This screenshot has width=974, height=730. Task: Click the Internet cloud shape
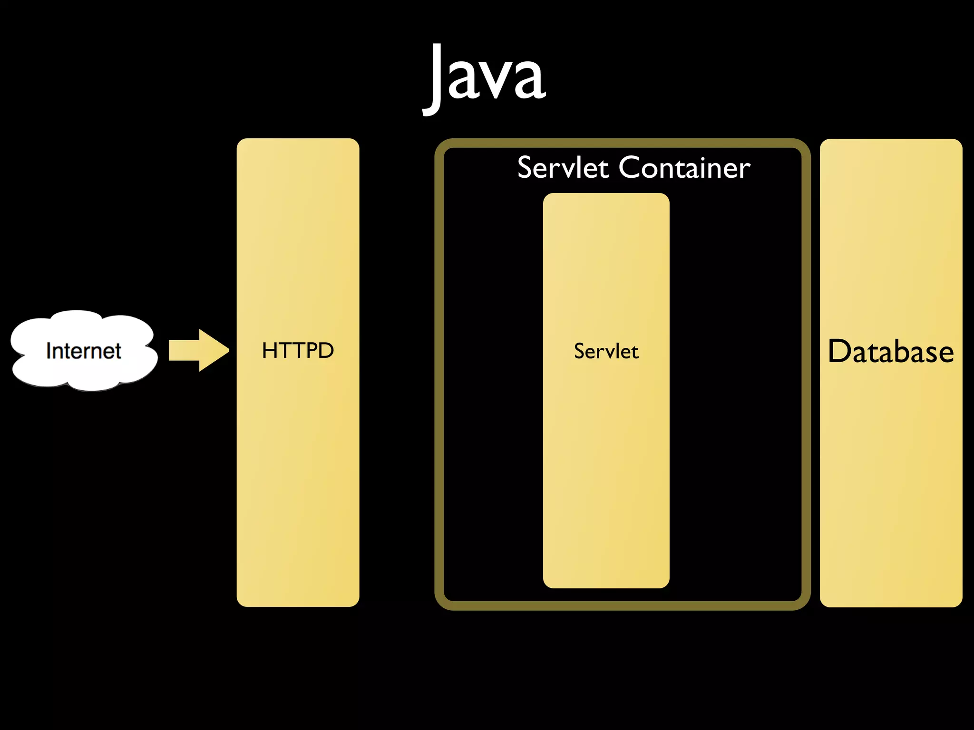pos(84,351)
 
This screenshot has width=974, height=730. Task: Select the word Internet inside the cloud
pos(84,351)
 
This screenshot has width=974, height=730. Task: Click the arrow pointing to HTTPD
pos(198,350)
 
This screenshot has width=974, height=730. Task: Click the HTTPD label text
pos(298,351)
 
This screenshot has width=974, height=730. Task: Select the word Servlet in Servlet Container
pos(563,168)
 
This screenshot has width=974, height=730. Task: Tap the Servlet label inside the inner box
pos(606,352)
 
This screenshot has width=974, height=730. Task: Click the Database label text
pos(891,352)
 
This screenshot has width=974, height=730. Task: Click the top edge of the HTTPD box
pos(298,140)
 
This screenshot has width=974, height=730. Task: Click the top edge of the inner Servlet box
pos(606,194)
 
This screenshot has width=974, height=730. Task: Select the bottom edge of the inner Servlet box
pos(606,587)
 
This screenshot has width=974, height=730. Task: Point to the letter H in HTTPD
pos(270,351)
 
